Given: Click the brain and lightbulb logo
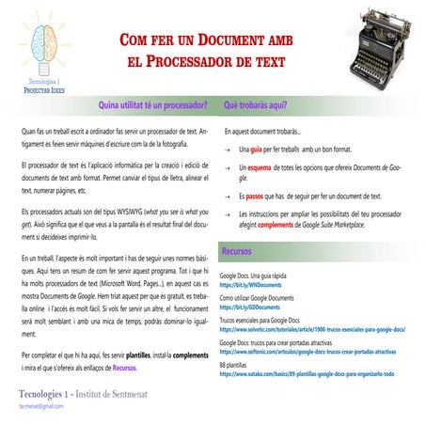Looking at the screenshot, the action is coord(42,40).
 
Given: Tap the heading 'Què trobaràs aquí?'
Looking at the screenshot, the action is coord(256,104).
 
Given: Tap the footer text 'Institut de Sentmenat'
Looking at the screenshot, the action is coord(130,392).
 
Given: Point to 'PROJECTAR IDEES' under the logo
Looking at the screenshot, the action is coord(42,92).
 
